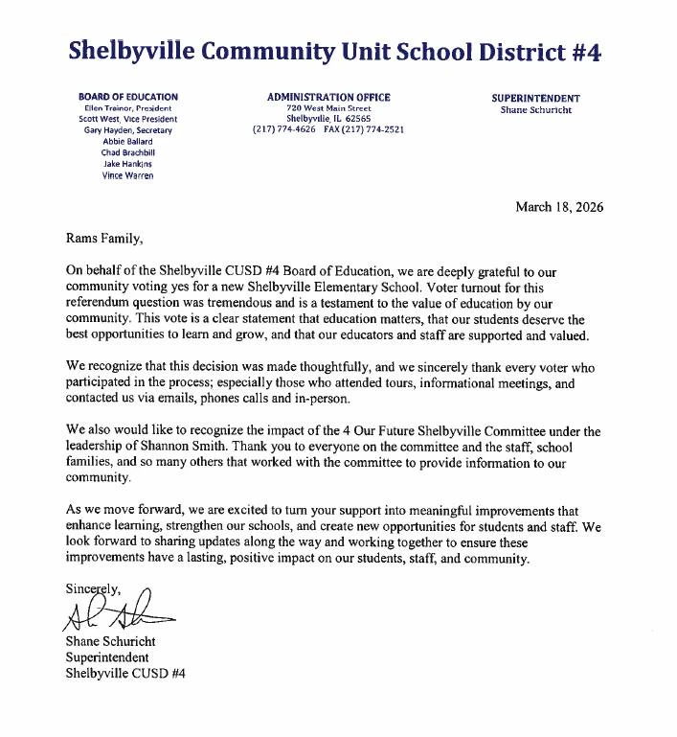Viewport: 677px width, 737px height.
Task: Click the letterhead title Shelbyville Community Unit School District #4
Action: point(334,52)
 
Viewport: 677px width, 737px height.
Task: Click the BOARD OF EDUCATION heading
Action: point(127,97)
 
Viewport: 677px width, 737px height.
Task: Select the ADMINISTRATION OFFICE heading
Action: point(327,97)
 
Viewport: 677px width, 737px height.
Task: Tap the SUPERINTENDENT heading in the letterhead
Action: point(535,98)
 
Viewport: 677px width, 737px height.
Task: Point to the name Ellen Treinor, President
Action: point(127,108)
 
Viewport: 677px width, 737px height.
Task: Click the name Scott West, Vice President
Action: point(127,119)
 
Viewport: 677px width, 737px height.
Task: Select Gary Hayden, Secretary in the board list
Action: point(127,130)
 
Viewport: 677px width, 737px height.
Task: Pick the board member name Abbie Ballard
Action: point(127,141)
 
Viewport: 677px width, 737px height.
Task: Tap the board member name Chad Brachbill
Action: point(127,152)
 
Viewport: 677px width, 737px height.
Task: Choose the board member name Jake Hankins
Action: point(127,164)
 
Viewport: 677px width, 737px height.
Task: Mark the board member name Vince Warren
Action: point(127,175)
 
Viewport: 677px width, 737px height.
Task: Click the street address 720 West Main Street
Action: point(327,108)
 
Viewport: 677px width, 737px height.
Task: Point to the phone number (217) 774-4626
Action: point(284,129)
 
